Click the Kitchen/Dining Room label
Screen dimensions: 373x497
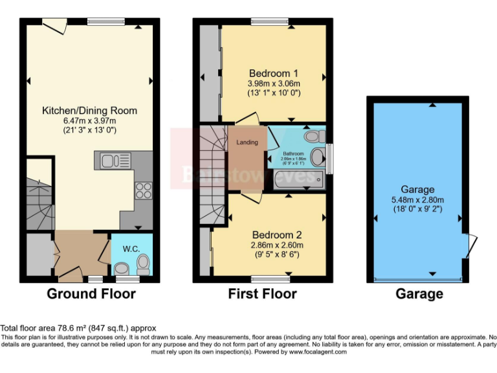89,110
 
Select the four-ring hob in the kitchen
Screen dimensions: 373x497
143,191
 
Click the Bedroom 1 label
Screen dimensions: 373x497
274,73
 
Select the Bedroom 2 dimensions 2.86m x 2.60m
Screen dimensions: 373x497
278,245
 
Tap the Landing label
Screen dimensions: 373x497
247,142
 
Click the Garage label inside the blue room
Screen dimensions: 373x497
417,189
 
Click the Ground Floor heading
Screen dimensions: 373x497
91,294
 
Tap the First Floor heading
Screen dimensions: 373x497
262,294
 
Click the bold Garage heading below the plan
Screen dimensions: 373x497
419,294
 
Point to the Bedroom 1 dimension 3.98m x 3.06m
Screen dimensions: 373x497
274,84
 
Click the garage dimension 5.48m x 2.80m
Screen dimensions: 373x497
417,199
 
